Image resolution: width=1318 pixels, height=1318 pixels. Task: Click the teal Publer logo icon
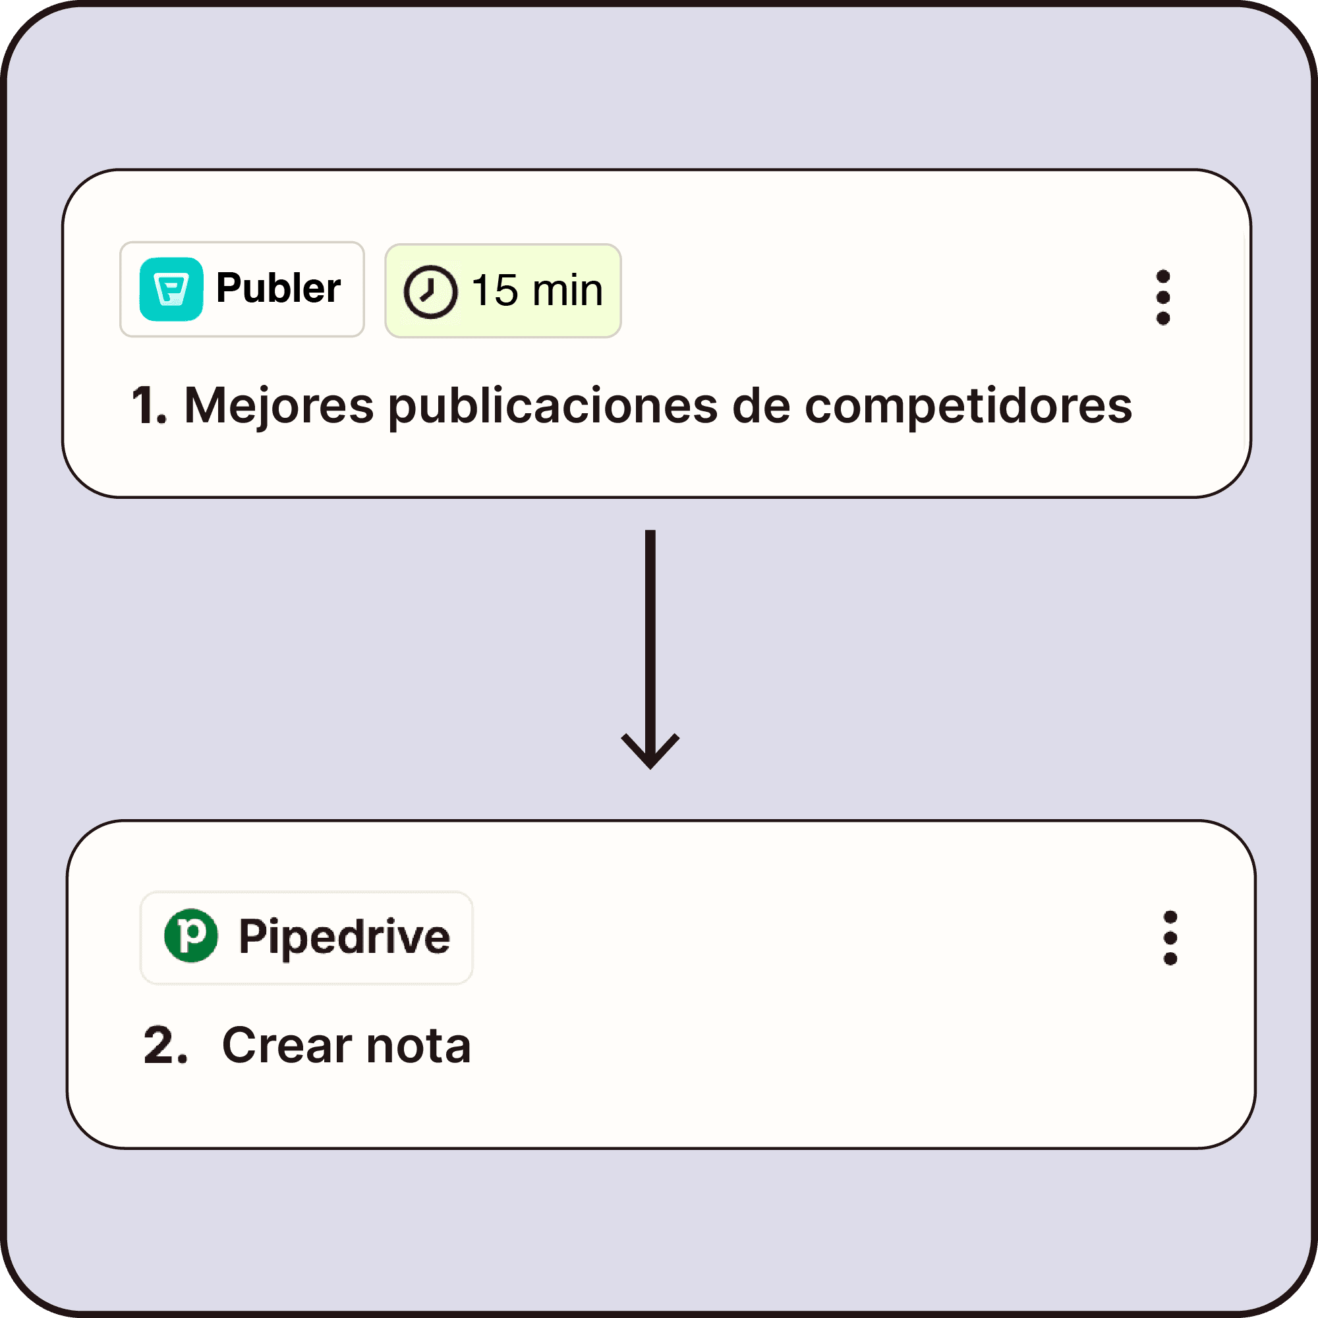click(x=171, y=289)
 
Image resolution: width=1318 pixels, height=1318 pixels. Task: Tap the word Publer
click(x=278, y=288)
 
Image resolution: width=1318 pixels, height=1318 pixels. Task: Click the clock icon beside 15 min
click(x=430, y=292)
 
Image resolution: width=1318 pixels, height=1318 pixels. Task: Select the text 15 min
click(x=537, y=291)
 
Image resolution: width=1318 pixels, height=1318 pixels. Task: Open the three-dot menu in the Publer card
click(x=1163, y=297)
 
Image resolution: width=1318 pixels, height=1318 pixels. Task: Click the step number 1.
click(x=148, y=406)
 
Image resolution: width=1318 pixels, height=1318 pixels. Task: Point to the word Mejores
click(x=278, y=406)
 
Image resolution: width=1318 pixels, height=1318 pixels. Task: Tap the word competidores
click(x=968, y=406)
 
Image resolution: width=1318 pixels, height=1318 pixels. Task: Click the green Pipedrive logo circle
click(x=191, y=935)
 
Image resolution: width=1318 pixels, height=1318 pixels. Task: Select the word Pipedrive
click(x=344, y=936)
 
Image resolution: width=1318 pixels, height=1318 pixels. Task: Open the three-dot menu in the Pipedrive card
click(x=1170, y=938)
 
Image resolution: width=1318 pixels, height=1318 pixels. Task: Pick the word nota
click(x=418, y=1045)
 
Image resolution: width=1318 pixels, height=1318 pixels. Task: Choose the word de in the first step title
click(x=760, y=406)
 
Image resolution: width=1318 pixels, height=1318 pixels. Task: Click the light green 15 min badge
click(x=503, y=291)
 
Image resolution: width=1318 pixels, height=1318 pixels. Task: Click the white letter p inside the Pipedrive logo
click(x=192, y=934)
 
